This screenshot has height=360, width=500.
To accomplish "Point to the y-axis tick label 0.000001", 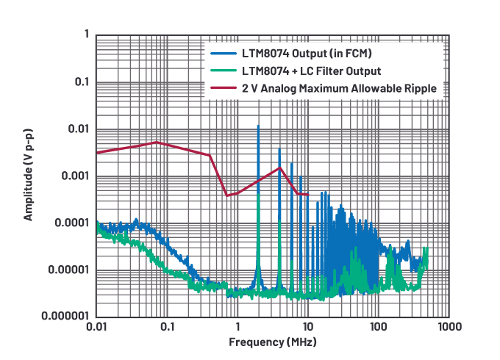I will pos(65,317).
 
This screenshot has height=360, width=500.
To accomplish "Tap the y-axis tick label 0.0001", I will pos(71,223).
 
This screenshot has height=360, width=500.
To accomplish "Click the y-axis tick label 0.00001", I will pos(68,270).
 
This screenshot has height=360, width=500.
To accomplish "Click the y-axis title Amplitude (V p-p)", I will pos(28,176).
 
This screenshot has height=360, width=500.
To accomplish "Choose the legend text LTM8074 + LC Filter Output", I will pos(311,71).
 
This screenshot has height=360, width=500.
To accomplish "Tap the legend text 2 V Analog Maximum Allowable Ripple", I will pos(340,88).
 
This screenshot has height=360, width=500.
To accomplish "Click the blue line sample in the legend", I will pos(223,54).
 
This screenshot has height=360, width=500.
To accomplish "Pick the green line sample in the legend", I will pos(223,71).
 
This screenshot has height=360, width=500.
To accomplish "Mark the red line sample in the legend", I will pos(223,88).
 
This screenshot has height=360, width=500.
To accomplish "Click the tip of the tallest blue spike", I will pos(258,126).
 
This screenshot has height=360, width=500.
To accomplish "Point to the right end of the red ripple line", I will pos(308,195).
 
